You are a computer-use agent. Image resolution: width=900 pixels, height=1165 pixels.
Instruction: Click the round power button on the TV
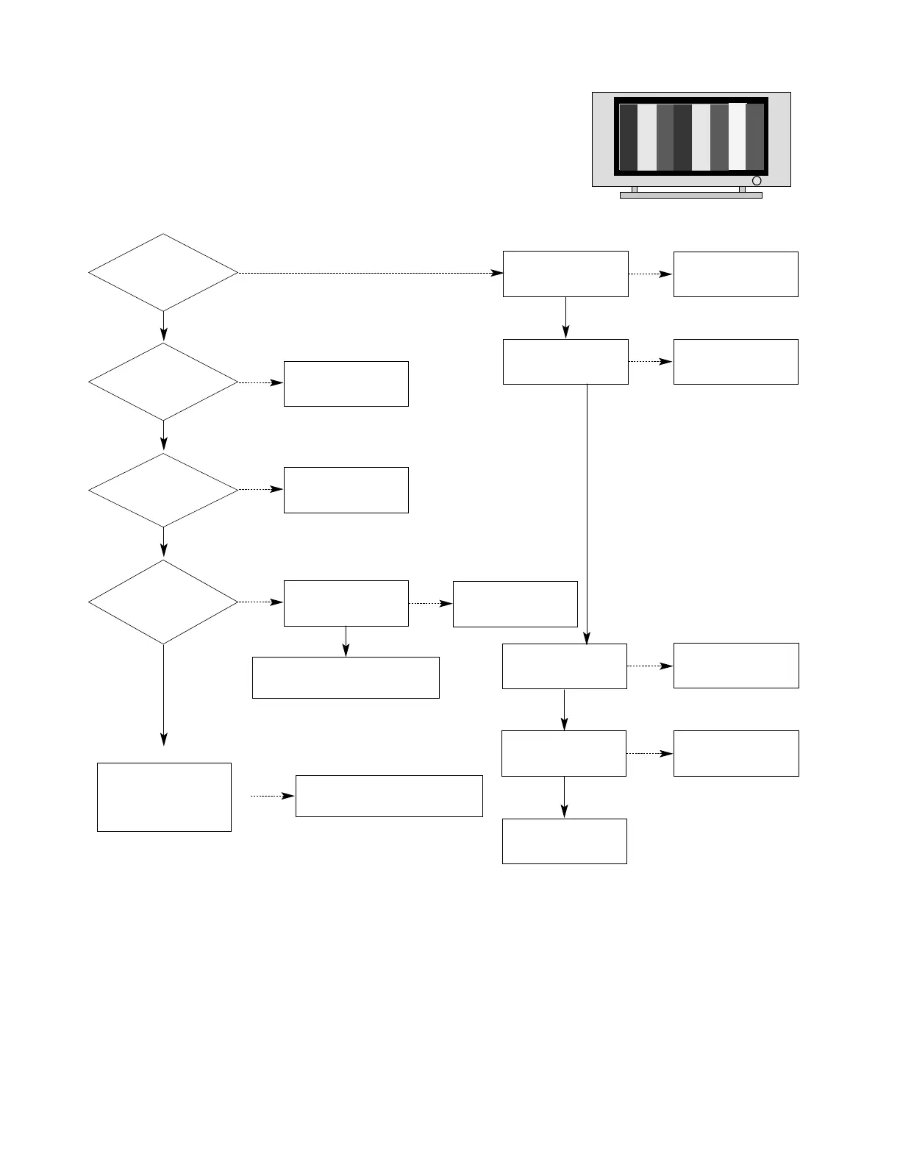756,181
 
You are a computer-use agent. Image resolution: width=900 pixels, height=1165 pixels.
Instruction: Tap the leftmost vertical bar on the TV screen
628,138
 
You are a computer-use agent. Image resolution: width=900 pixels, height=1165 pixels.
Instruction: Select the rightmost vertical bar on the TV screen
756,138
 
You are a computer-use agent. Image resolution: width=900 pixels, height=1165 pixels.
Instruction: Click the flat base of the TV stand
690,196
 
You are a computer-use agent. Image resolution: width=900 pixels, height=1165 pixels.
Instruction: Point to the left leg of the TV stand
635,189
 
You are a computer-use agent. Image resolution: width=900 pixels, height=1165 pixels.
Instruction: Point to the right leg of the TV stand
742,189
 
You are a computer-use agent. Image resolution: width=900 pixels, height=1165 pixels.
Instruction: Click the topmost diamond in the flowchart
163,273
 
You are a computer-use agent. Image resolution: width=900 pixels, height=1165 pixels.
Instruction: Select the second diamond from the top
163,382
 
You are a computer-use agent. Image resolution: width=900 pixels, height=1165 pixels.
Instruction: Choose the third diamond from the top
163,490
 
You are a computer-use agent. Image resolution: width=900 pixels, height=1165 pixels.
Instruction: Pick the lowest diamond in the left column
163,602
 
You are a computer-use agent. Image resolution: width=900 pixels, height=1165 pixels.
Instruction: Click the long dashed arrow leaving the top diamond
368,273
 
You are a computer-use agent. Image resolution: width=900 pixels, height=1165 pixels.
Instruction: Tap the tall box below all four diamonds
164,797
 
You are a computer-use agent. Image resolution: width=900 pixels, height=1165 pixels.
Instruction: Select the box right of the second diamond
346,383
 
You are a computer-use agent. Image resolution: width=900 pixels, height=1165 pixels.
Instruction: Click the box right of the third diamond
346,490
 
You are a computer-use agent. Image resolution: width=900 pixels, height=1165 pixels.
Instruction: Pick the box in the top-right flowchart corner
735,274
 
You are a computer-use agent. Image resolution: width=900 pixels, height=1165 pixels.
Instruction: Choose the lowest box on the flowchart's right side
564,841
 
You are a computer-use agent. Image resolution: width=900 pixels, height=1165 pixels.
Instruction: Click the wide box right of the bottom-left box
389,796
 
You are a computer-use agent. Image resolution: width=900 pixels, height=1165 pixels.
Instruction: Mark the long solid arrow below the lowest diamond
163,695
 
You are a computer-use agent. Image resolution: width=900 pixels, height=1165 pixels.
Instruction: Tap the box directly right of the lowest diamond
346,603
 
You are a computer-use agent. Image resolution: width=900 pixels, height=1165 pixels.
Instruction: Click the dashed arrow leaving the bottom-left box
272,796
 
